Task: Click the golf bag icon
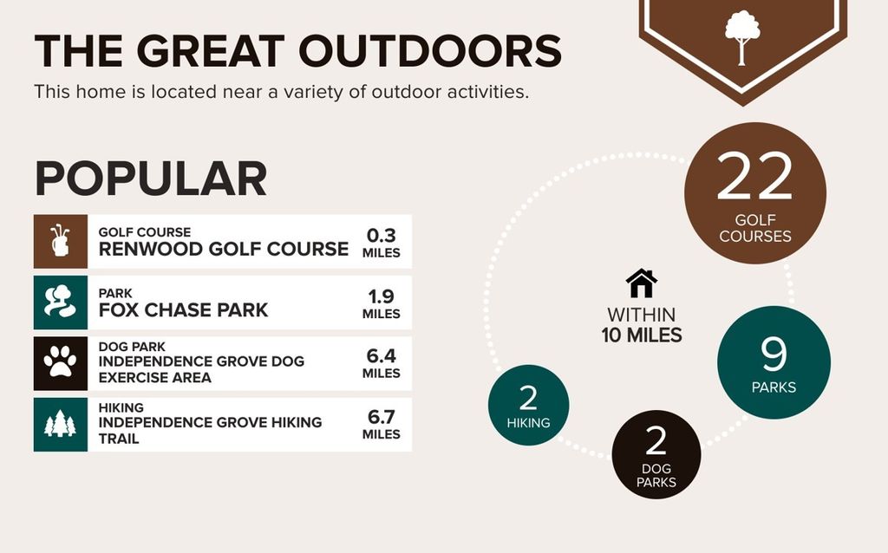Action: [60, 241]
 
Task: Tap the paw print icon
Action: [60, 362]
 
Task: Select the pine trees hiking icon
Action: [60, 424]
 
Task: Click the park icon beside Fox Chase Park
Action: [60, 302]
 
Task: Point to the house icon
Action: [642, 283]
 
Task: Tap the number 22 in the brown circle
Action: [754, 176]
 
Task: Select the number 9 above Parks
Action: [774, 354]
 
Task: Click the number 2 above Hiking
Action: [528, 398]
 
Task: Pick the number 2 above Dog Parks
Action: [656, 441]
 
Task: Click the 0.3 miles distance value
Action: [382, 242]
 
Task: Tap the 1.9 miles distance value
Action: [382, 303]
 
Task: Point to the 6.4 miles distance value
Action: [382, 363]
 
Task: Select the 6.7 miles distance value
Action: [382, 425]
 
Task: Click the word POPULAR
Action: [151, 179]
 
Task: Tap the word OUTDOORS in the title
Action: [430, 51]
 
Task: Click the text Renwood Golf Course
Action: [223, 249]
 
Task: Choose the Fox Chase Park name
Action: [183, 310]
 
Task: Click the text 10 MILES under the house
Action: [642, 335]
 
